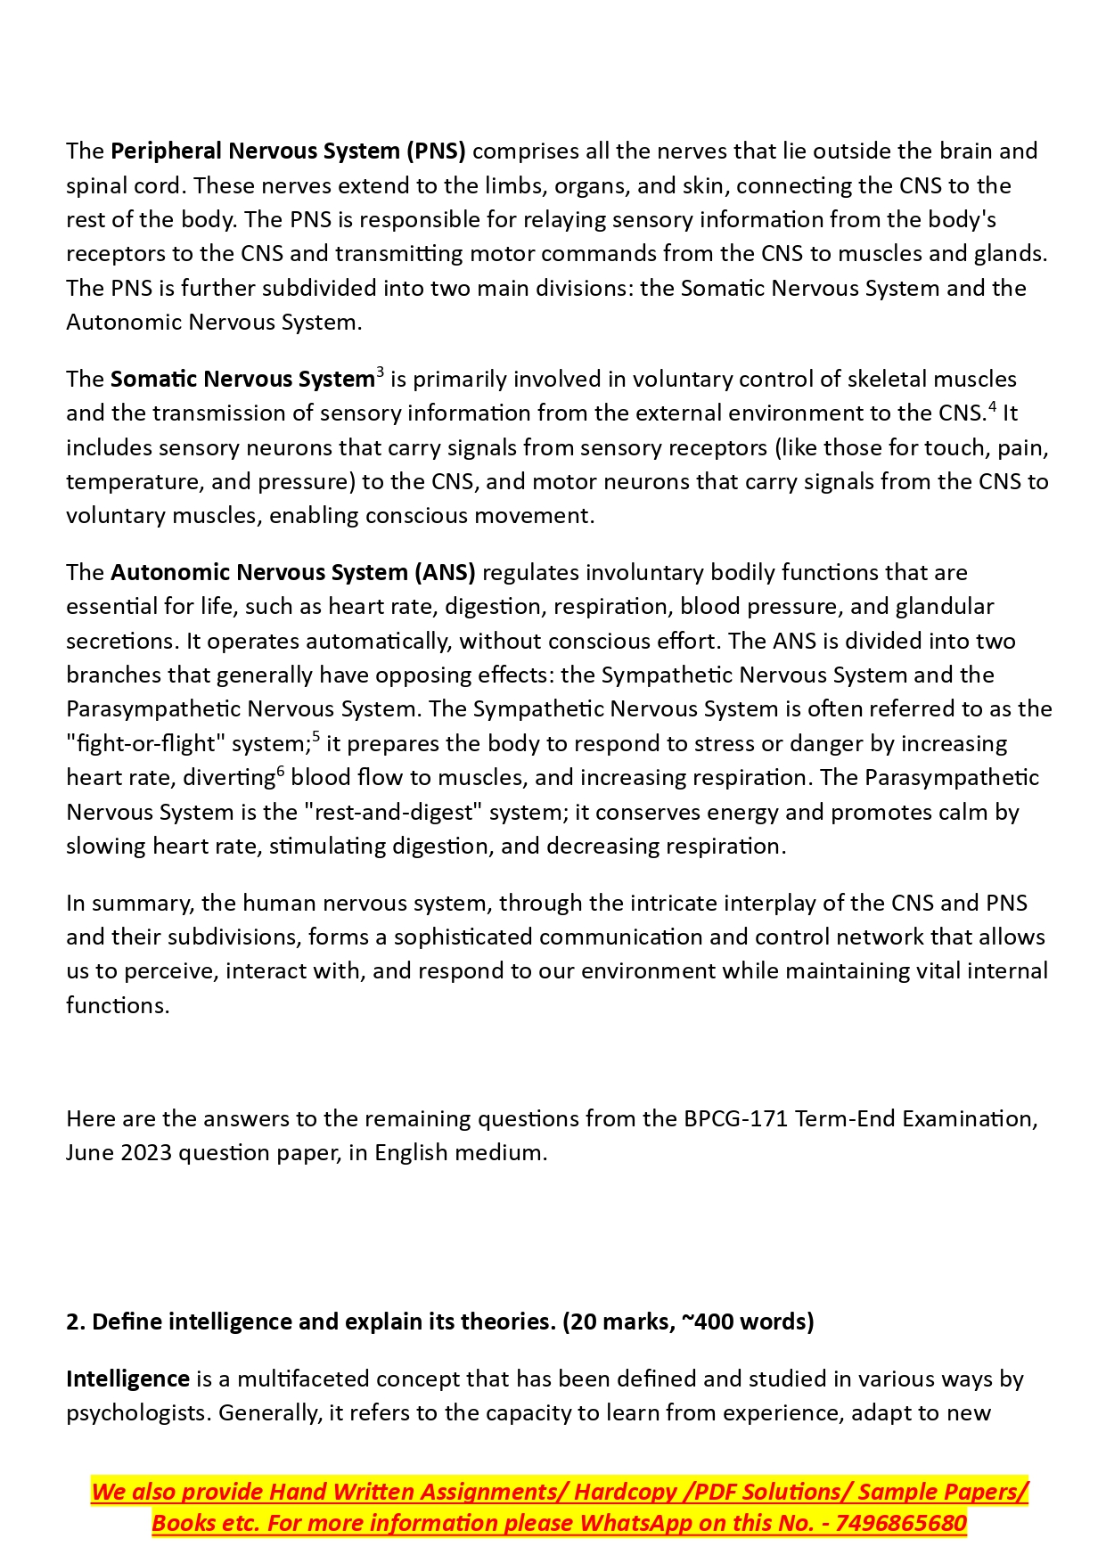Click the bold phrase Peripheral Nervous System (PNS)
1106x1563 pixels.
click(288, 151)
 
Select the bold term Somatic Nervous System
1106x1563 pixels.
click(242, 380)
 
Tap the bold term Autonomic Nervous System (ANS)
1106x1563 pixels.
click(292, 572)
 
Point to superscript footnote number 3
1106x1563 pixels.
click(381, 372)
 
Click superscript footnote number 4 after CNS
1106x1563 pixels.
click(993, 407)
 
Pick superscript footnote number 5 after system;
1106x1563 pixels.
click(316, 737)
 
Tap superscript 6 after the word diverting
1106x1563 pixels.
click(281, 771)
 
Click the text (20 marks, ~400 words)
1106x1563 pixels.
click(688, 1322)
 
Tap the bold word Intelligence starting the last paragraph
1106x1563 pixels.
click(127, 1379)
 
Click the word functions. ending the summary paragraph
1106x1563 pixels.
click(118, 1006)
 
